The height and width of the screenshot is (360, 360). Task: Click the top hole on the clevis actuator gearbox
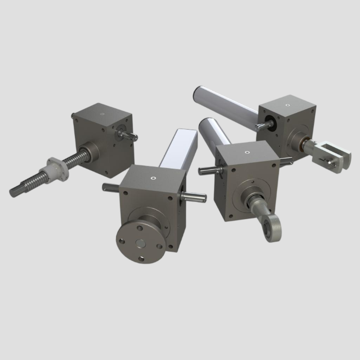pos(287,105)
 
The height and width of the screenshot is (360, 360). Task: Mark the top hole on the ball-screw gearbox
pos(103,114)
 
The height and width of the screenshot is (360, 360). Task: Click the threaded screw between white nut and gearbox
pos(77,159)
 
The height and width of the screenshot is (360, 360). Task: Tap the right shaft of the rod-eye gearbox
pos(286,161)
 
